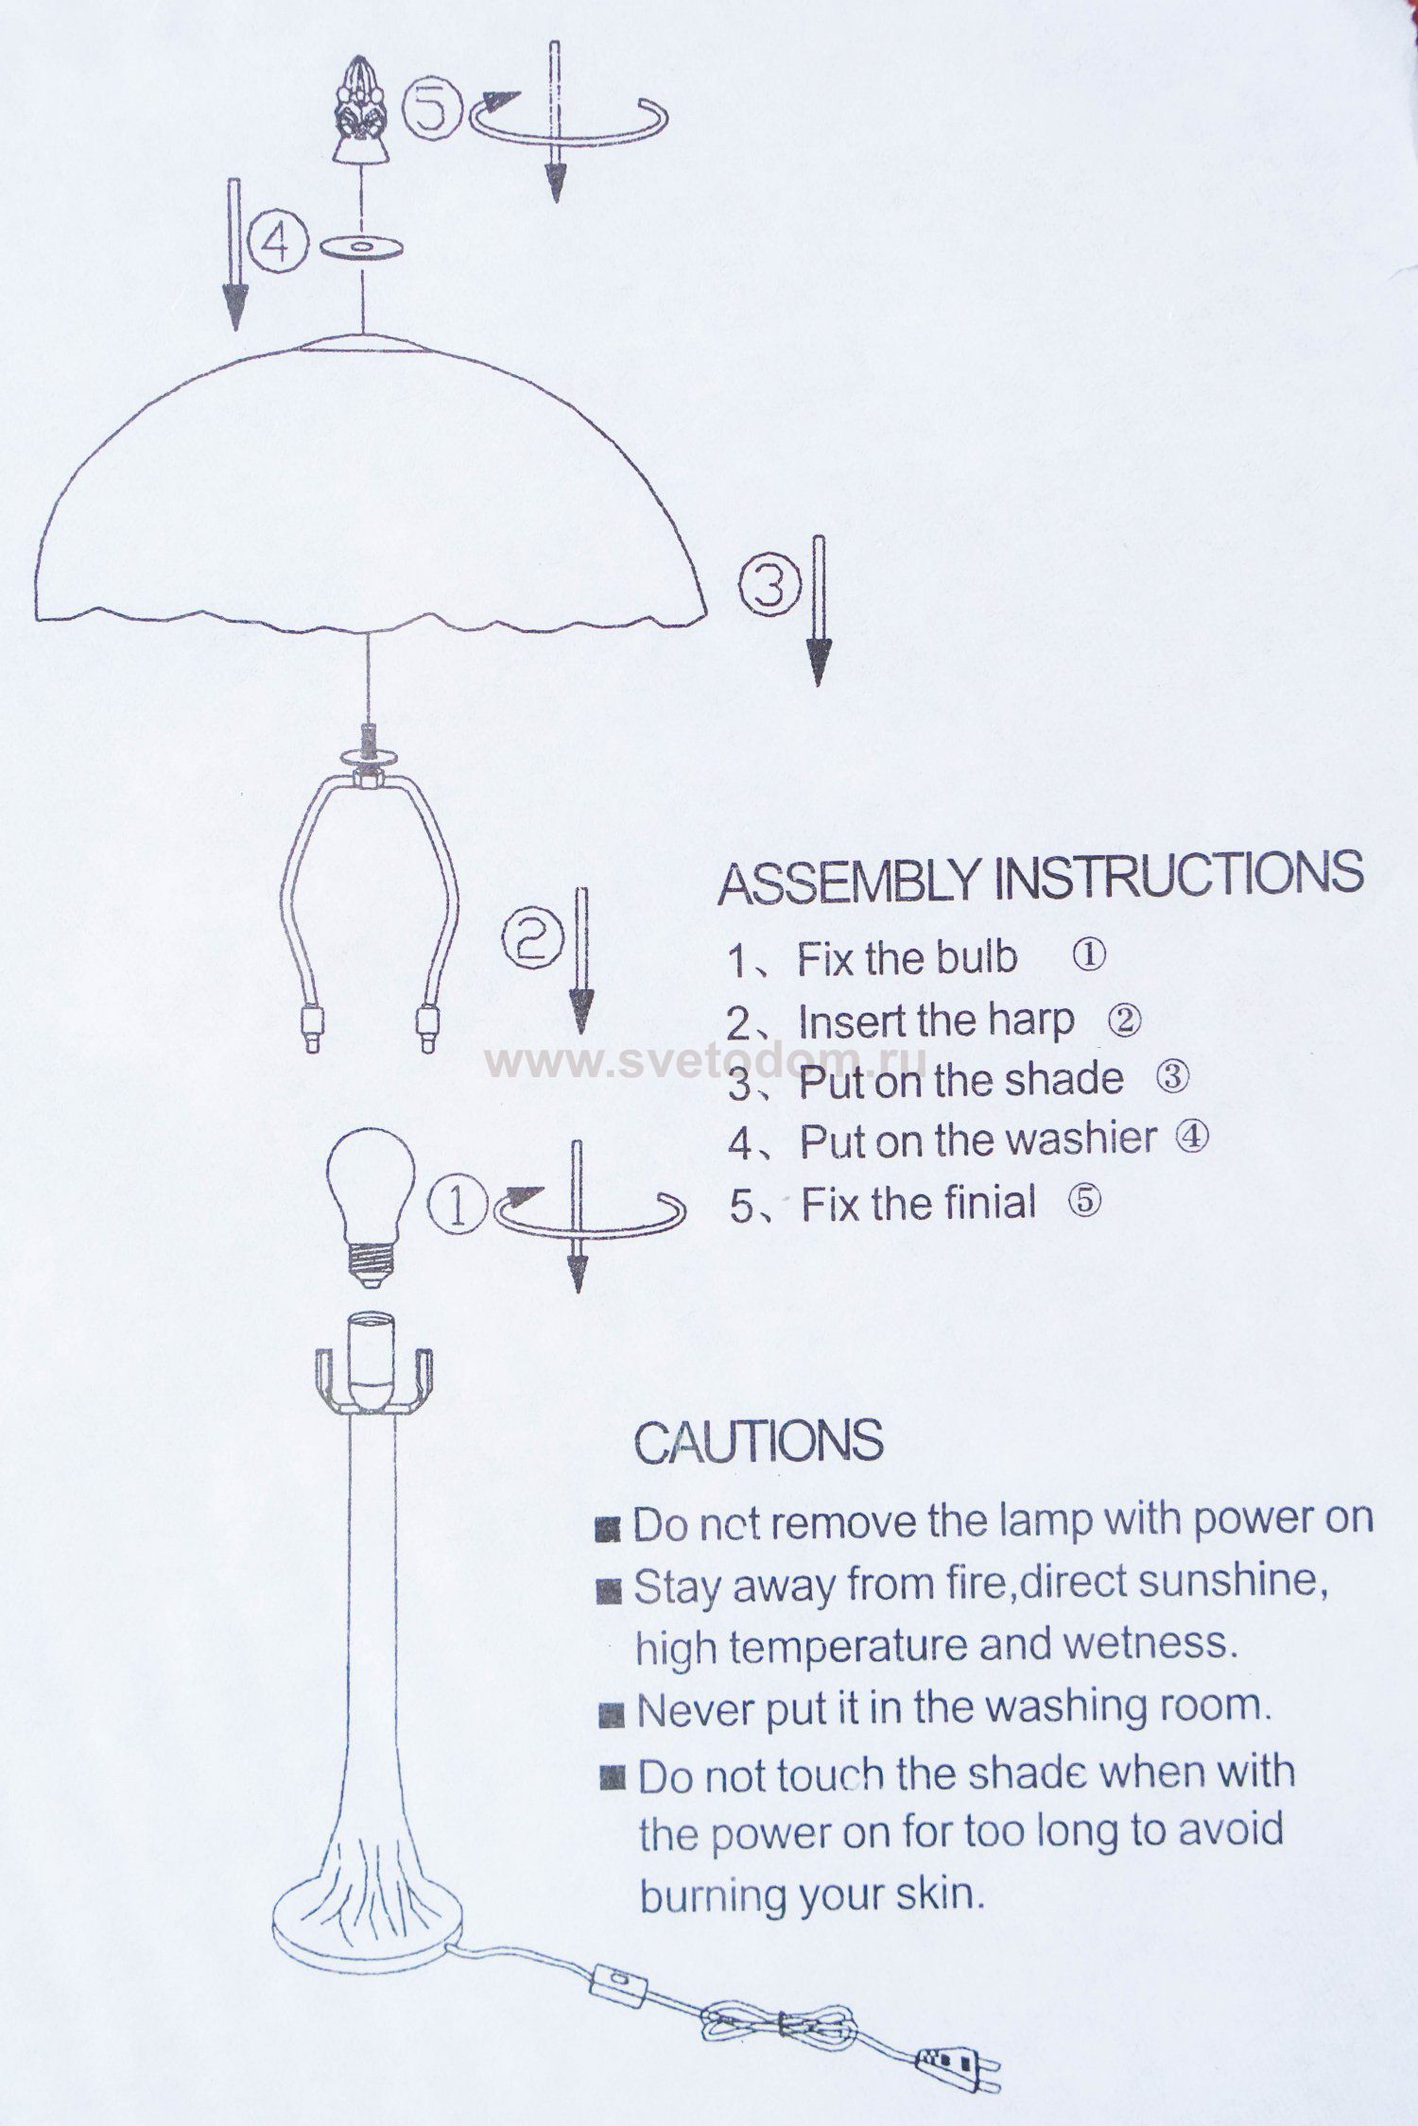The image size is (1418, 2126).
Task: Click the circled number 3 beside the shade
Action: [x=770, y=585]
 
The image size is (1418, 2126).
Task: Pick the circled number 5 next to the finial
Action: [x=434, y=108]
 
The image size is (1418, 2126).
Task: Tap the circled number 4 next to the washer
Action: [x=276, y=245]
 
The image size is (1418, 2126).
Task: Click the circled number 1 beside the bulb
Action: [x=458, y=1207]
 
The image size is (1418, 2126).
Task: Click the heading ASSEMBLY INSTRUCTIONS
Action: [x=1041, y=877]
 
